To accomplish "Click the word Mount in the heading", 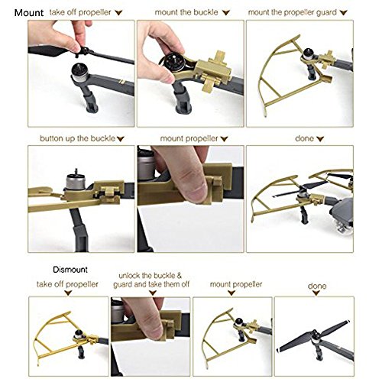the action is click(x=29, y=13).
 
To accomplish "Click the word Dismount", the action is click(x=70, y=270).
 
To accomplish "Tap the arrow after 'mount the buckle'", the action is click(x=225, y=12).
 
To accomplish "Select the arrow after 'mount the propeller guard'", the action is click(x=343, y=12).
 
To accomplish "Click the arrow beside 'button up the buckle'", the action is click(x=120, y=139).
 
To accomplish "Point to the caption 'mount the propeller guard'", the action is click(x=293, y=12).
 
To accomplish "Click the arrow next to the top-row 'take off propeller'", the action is click(x=118, y=12).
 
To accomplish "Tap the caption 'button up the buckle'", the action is click(x=77, y=138).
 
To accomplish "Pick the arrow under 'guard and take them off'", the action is click(x=152, y=293).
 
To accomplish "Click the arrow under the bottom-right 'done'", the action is click(x=316, y=293).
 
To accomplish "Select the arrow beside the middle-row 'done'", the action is click(x=320, y=139).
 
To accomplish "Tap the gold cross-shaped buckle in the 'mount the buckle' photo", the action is click(x=215, y=71).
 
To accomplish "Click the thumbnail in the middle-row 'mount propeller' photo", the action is click(x=197, y=188).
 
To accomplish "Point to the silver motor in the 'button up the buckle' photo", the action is click(x=76, y=182).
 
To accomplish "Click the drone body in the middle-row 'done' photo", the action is click(x=342, y=211).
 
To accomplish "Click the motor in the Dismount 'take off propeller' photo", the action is click(x=79, y=335).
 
